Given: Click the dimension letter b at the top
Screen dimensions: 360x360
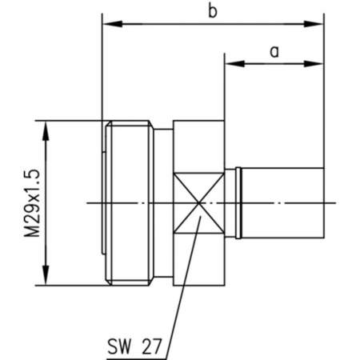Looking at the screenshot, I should (x=211, y=11).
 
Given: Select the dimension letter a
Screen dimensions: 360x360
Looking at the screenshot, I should (x=274, y=51).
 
